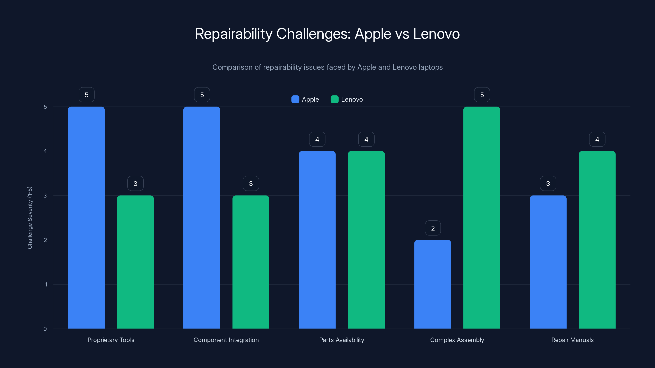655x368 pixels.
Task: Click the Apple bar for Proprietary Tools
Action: pyautogui.click(x=86, y=218)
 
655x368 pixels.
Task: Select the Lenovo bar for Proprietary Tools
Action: pyautogui.click(x=135, y=262)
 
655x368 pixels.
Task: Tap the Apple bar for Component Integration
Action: pyautogui.click(x=202, y=218)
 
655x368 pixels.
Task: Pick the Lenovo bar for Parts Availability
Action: pyautogui.click(x=366, y=240)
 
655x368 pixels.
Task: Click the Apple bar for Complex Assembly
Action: pyautogui.click(x=433, y=284)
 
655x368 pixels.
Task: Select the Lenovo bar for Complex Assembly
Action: pyautogui.click(x=482, y=218)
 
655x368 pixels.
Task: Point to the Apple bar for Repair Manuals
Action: pyautogui.click(x=548, y=262)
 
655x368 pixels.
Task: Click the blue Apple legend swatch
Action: pyautogui.click(x=295, y=99)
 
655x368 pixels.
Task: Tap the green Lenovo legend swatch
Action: pyautogui.click(x=334, y=99)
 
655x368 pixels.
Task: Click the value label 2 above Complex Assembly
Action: pyautogui.click(x=433, y=228)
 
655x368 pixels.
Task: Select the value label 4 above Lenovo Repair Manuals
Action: pyautogui.click(x=597, y=139)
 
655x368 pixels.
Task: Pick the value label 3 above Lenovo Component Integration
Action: pyautogui.click(x=251, y=184)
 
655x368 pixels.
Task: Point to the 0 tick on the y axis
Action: pyautogui.click(x=45, y=329)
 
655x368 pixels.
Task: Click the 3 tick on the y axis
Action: pyautogui.click(x=45, y=196)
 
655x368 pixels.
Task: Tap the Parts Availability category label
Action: pyautogui.click(x=341, y=340)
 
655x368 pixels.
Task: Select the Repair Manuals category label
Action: pyautogui.click(x=572, y=340)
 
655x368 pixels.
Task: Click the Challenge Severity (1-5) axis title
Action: pyautogui.click(x=30, y=218)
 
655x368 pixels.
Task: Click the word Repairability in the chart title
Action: pyautogui.click(x=233, y=34)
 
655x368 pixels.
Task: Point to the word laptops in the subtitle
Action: pyautogui.click(x=430, y=67)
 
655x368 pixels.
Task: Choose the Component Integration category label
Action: pyautogui.click(x=226, y=340)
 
